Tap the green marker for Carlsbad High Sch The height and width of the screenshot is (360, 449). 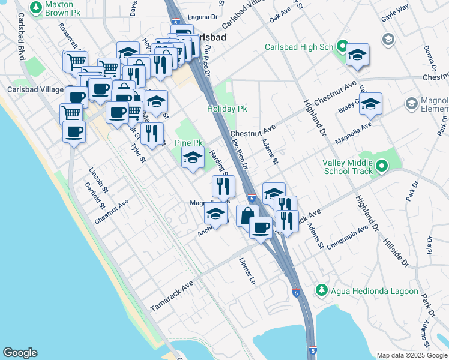(x=342, y=46)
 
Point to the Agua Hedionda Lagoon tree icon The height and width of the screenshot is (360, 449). (x=322, y=291)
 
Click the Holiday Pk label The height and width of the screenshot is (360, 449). (x=227, y=109)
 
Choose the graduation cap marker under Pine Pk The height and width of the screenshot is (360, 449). (x=193, y=158)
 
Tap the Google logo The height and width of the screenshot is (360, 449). (x=20, y=353)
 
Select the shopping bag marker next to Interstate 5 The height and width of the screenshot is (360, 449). (x=247, y=215)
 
